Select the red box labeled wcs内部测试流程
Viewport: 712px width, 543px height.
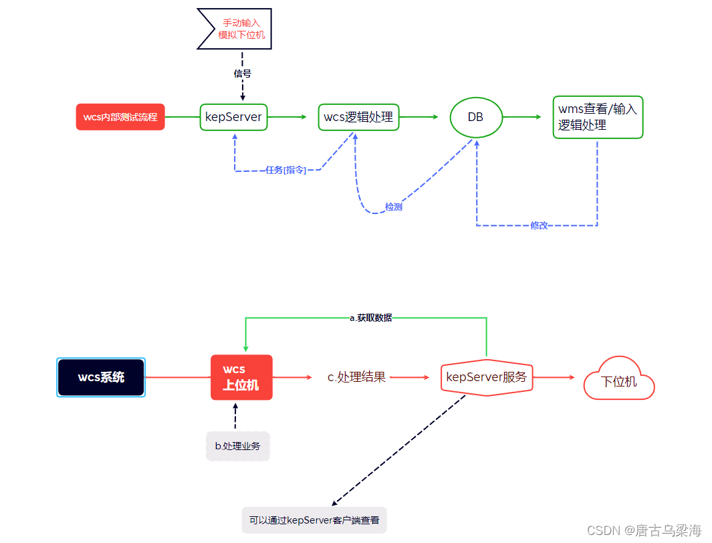(x=120, y=117)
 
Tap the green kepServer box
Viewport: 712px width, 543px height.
(x=233, y=117)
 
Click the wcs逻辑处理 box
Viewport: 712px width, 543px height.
(x=358, y=117)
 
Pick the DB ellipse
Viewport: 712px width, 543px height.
(x=475, y=117)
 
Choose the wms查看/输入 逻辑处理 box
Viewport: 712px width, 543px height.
(x=598, y=117)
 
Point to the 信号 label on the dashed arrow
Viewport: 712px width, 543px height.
(x=242, y=74)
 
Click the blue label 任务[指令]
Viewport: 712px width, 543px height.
(x=285, y=170)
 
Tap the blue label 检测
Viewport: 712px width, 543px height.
(x=393, y=207)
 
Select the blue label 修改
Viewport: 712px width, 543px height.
(x=539, y=225)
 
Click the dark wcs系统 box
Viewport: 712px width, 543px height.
(x=101, y=377)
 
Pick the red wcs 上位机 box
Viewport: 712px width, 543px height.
(x=241, y=377)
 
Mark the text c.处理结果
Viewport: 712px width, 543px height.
(x=356, y=377)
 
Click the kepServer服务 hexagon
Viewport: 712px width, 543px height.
(x=487, y=377)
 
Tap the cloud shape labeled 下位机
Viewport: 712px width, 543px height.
(x=618, y=381)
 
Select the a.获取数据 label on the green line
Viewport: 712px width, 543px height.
(x=370, y=318)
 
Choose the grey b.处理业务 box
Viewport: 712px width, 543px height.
(x=237, y=446)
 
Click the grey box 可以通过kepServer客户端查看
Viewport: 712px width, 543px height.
(x=314, y=520)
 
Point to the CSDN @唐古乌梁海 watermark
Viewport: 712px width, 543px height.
(x=644, y=530)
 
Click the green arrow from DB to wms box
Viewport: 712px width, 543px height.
(x=521, y=117)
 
